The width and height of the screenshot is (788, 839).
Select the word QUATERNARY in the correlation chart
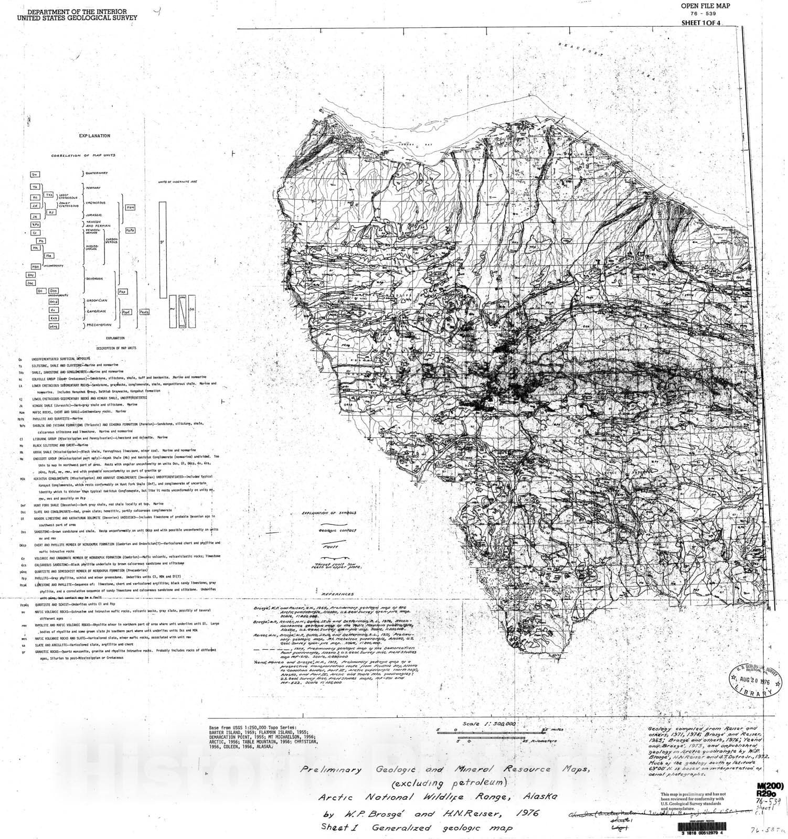coord(97,173)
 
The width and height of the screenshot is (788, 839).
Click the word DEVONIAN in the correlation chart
coord(94,279)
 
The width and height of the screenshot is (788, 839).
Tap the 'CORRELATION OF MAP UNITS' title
coord(83,156)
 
